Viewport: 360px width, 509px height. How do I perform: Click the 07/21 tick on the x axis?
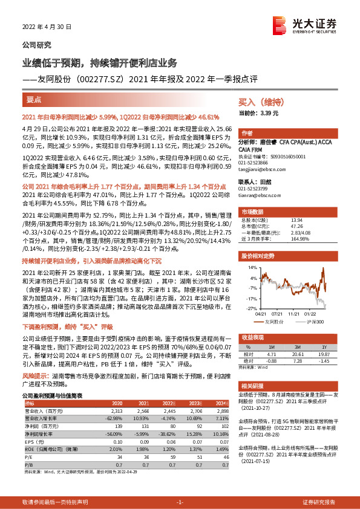click(278, 313)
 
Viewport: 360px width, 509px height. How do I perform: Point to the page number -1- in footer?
click(180, 502)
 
